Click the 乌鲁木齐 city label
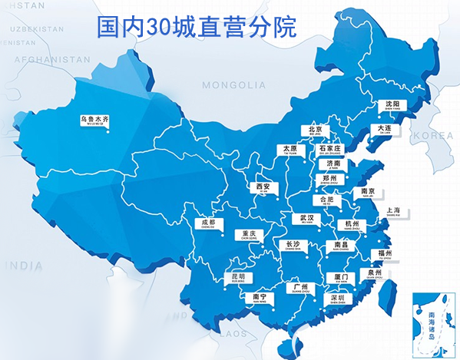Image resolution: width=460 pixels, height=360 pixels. pos(95,121)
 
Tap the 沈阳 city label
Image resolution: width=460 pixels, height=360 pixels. pos(393,104)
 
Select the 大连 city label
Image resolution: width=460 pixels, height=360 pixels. pos(386,130)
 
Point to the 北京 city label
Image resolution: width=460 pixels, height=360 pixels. pos(315,130)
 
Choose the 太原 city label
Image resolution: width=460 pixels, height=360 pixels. pos(289,150)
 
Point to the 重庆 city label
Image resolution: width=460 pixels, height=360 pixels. pos(247,234)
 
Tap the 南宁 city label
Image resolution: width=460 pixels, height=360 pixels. pos(259,297)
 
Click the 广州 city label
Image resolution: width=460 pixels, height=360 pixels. pos(301,288)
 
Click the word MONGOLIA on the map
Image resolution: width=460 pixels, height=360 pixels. pos(228,85)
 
